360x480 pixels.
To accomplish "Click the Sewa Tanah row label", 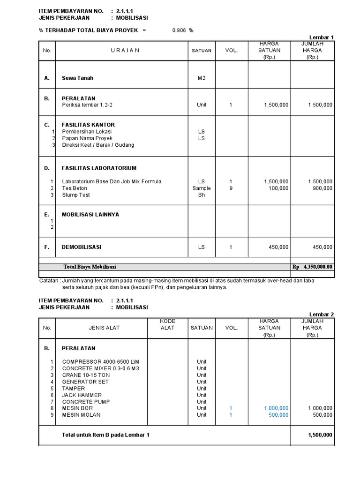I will coord(77,78).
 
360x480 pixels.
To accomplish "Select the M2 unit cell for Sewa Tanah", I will coord(202,78).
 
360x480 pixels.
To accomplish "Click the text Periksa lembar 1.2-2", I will coord(87,105).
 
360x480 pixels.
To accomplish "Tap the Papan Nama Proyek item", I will coord(87,138).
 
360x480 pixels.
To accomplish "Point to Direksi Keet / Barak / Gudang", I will coord(98,145).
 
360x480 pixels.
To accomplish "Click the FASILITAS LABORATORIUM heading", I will coord(99,168).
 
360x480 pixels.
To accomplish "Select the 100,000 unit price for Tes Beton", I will coord(278,188).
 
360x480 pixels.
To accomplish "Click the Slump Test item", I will coord(76,195).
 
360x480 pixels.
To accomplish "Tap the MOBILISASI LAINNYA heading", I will coord(90,214).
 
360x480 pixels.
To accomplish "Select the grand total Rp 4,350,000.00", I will coord(313,267).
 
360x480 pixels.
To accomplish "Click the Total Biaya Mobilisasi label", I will coord(90,267).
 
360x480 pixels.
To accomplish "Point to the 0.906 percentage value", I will coord(179,30).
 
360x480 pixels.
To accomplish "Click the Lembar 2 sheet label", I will coord(322,314).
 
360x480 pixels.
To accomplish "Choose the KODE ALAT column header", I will coord(167,324).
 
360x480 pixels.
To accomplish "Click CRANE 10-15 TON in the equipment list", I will coord(86,375).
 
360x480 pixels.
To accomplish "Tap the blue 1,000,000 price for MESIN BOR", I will coord(276,408).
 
